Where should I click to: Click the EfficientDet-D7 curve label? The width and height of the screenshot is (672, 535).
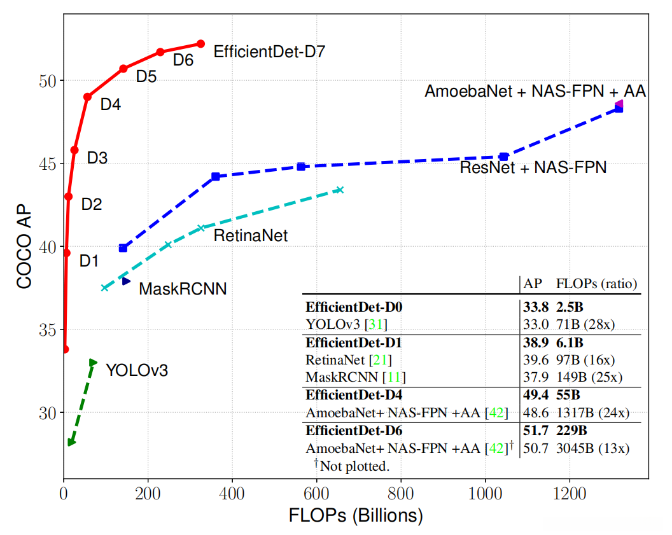269,52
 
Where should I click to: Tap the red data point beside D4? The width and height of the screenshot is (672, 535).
87,97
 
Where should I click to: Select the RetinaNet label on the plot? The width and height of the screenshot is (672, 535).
251,236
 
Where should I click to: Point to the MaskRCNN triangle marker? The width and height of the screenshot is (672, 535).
126,281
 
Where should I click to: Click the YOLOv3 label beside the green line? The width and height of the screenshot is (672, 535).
137,370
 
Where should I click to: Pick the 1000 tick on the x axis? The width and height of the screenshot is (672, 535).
486,493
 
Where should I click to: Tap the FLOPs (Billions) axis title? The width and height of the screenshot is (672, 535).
356,514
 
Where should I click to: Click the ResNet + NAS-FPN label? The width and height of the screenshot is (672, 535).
533,168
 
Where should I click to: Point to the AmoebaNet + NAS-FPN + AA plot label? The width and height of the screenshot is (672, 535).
535,92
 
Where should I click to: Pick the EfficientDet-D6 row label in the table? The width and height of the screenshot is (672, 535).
354,431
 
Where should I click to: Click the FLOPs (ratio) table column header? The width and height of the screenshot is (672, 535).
596,283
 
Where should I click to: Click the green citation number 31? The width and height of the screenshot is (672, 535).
375,323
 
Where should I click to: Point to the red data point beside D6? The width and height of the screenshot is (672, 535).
160,52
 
